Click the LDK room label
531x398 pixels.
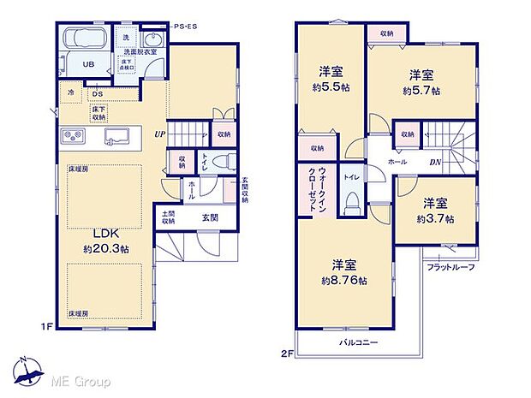click(105, 233)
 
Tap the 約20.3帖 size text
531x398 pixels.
click(105, 249)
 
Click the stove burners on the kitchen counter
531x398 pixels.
click(71, 137)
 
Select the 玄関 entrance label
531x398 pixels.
click(210, 218)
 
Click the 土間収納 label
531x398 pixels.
click(165, 217)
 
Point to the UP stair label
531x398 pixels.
click(159, 134)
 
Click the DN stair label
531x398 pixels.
click(435, 161)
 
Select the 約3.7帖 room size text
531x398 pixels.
click(436, 218)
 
